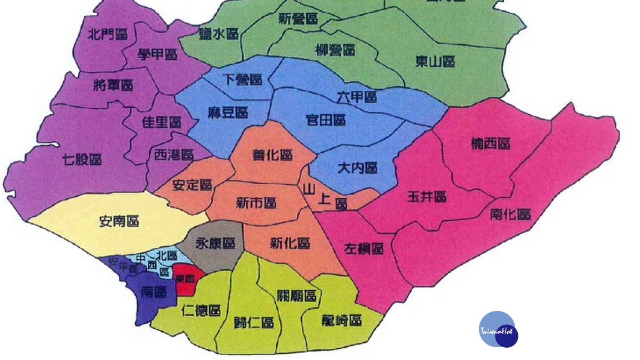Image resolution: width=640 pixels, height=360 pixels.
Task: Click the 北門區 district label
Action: point(108,35)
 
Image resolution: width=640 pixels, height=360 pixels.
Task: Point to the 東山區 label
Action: point(435,62)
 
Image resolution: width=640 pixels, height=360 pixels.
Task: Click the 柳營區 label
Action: point(335,51)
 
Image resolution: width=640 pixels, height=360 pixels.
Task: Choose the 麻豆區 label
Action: point(228,113)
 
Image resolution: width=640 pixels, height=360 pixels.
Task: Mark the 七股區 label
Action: point(82,159)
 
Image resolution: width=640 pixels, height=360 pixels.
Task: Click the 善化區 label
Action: point(272,155)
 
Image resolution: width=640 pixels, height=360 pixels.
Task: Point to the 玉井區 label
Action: point(427,196)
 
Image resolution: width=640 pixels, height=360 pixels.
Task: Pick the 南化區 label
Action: point(510,214)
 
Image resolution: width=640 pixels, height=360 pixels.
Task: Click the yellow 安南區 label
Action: point(119,220)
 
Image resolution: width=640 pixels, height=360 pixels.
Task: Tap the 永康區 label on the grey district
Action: point(215,244)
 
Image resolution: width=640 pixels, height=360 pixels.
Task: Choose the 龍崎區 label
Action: point(342,320)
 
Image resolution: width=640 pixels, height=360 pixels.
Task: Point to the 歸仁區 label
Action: point(254,323)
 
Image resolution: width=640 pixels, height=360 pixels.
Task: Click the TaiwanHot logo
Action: point(498,330)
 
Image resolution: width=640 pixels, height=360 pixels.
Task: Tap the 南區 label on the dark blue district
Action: point(154,292)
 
